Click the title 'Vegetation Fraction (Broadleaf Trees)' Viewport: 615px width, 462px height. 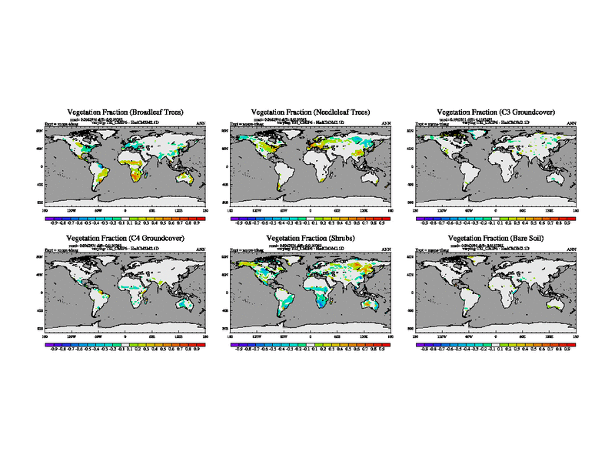(x=125, y=112)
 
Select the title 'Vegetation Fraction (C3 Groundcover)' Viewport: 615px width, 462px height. (x=496, y=112)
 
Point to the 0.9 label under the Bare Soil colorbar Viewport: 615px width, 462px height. (x=567, y=349)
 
